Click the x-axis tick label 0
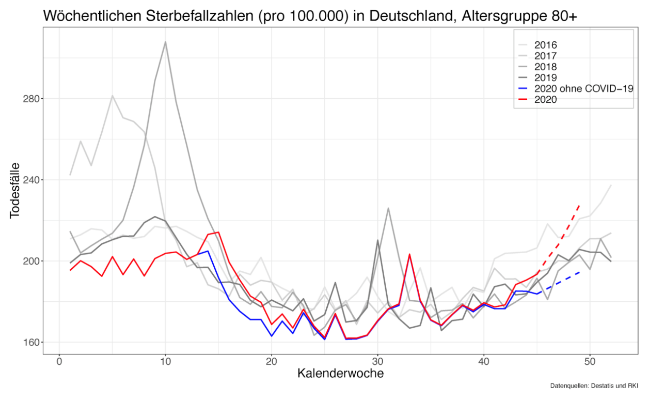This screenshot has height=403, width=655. pyautogui.click(x=59, y=361)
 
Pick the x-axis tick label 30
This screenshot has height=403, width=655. pyautogui.click(x=377, y=361)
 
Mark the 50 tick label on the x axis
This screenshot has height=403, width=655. pyautogui.click(x=590, y=361)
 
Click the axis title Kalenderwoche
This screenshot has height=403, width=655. pyautogui.click(x=340, y=374)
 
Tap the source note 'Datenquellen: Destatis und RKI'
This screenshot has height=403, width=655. pyautogui.click(x=594, y=386)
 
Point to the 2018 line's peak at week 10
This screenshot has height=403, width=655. pyautogui.click(x=166, y=42)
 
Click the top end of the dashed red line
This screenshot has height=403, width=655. pyautogui.click(x=579, y=205)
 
